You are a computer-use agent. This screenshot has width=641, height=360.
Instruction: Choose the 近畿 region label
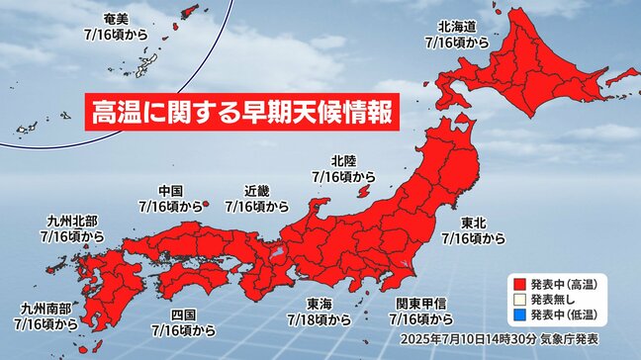click(x=257, y=192)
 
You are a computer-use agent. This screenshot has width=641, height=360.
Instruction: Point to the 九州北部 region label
click(x=71, y=223)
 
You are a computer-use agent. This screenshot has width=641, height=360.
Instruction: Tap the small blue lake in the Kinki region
click(x=278, y=254)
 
